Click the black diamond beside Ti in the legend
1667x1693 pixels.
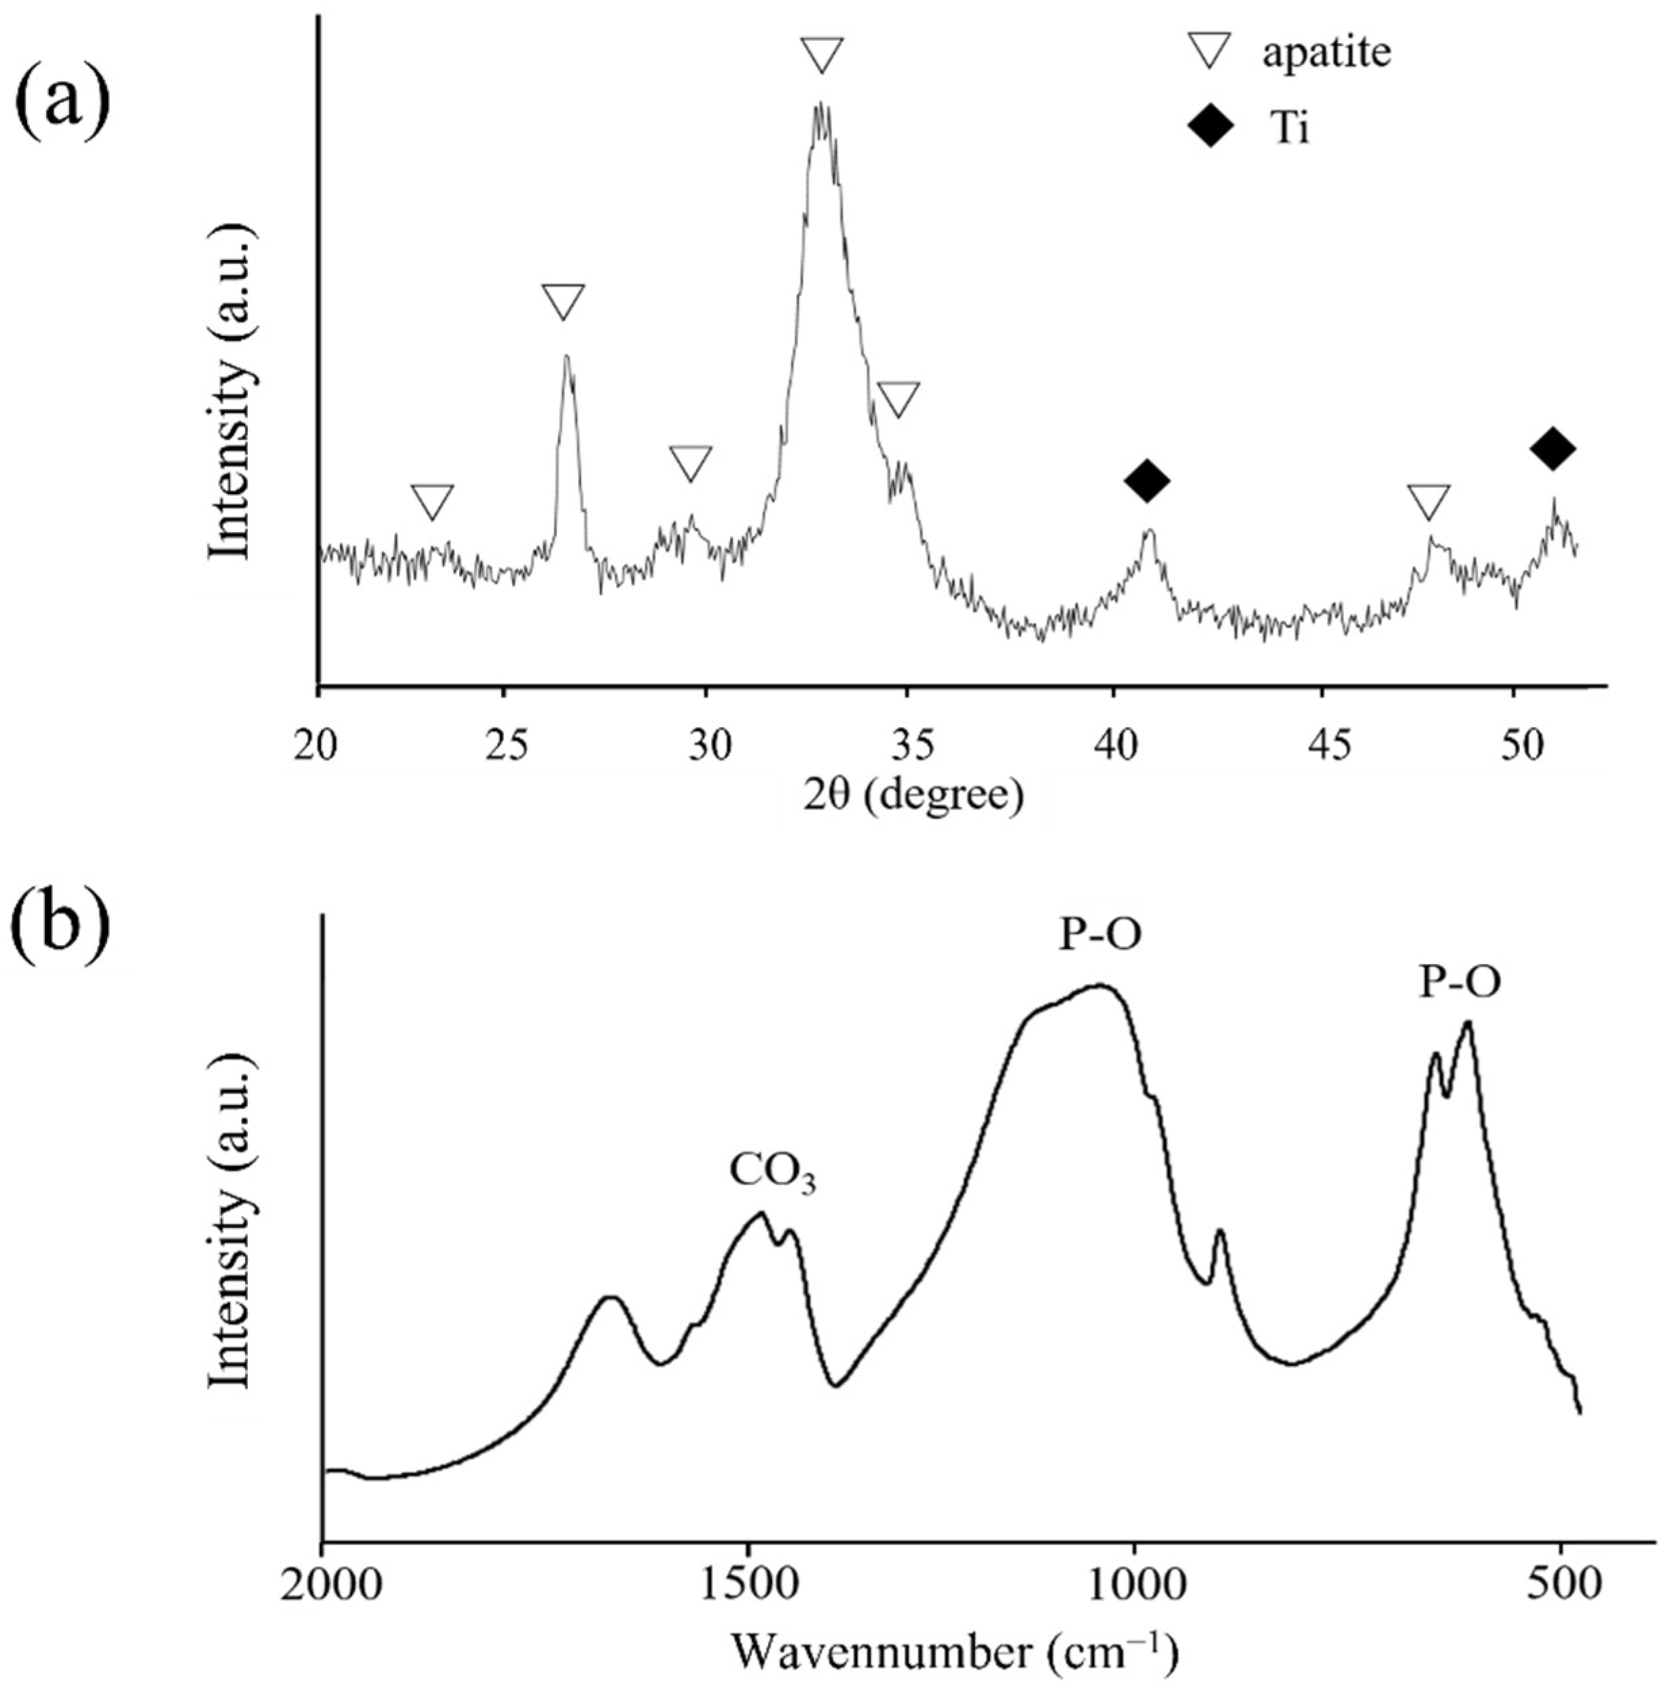pos(1211,129)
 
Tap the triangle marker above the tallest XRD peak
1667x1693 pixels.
pos(822,55)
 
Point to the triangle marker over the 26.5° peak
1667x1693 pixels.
pos(563,301)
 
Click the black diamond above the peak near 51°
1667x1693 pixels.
pos(1553,448)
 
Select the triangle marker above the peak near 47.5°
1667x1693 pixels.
pos(1429,502)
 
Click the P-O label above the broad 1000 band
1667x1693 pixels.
pos(1100,936)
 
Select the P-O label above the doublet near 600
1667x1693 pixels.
pos(1458,983)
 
